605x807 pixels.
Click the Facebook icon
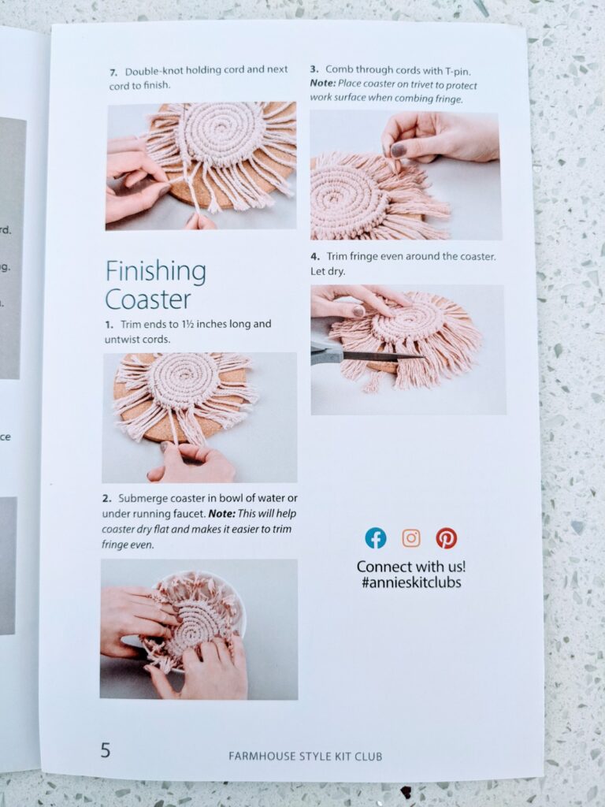coord(376,537)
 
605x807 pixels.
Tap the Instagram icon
coord(411,537)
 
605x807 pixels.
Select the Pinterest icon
coord(447,537)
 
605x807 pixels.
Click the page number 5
coord(105,750)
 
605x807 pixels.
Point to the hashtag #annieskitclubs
coord(411,582)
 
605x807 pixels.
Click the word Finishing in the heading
coord(156,271)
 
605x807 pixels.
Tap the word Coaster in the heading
coord(147,299)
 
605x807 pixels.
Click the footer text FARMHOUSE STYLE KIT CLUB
coord(305,756)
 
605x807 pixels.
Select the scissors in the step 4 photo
coord(360,355)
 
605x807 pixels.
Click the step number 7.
coord(113,72)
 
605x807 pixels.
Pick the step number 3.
coord(314,69)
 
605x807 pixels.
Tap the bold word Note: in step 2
coord(221,514)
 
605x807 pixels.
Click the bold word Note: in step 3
coord(322,84)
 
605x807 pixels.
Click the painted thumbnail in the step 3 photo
coord(398,151)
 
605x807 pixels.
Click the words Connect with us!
coord(411,567)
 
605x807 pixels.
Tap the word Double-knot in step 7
coord(150,71)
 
